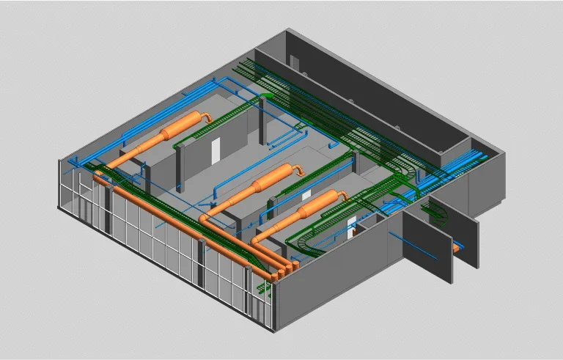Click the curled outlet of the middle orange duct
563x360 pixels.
click(300, 169)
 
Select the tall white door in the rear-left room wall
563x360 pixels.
click(216, 152)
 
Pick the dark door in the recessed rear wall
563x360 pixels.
click(294, 65)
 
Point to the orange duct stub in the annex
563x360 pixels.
click(457, 249)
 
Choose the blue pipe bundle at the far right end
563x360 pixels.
click(469, 161)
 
